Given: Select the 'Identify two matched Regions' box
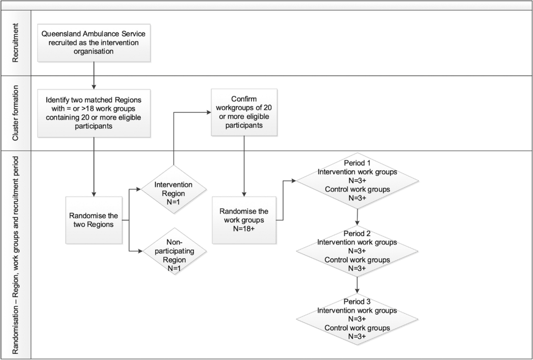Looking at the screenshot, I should [x=94, y=113].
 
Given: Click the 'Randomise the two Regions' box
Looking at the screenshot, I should [x=94, y=220].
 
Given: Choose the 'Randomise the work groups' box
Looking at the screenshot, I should [x=244, y=220].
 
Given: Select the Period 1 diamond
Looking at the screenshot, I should [x=357, y=181].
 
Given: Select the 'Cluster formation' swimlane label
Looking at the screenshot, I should [x=16, y=113].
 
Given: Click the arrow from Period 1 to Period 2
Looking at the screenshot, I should [x=357, y=216].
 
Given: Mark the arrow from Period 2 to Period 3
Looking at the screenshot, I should [x=357, y=286].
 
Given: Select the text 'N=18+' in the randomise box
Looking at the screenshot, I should [x=244, y=230].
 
